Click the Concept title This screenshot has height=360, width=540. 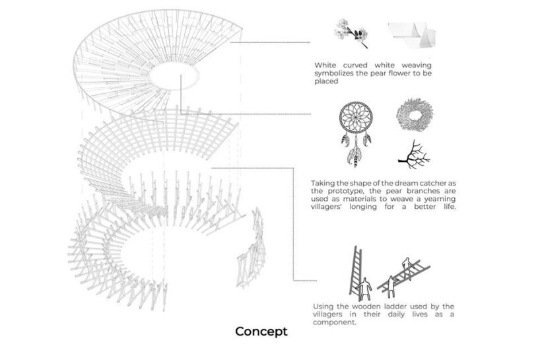[261, 332]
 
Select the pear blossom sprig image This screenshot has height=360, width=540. [351, 33]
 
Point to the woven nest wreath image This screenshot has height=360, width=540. [415, 115]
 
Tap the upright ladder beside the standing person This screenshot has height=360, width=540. [356, 271]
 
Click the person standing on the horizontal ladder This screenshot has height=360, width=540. [407, 265]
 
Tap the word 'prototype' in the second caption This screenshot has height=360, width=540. [345, 191]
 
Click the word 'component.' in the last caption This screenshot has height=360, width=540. [335, 322]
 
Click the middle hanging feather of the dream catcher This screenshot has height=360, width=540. [354, 155]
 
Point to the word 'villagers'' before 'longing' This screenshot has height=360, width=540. [327, 207]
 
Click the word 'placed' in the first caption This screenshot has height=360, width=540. [326, 81]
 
